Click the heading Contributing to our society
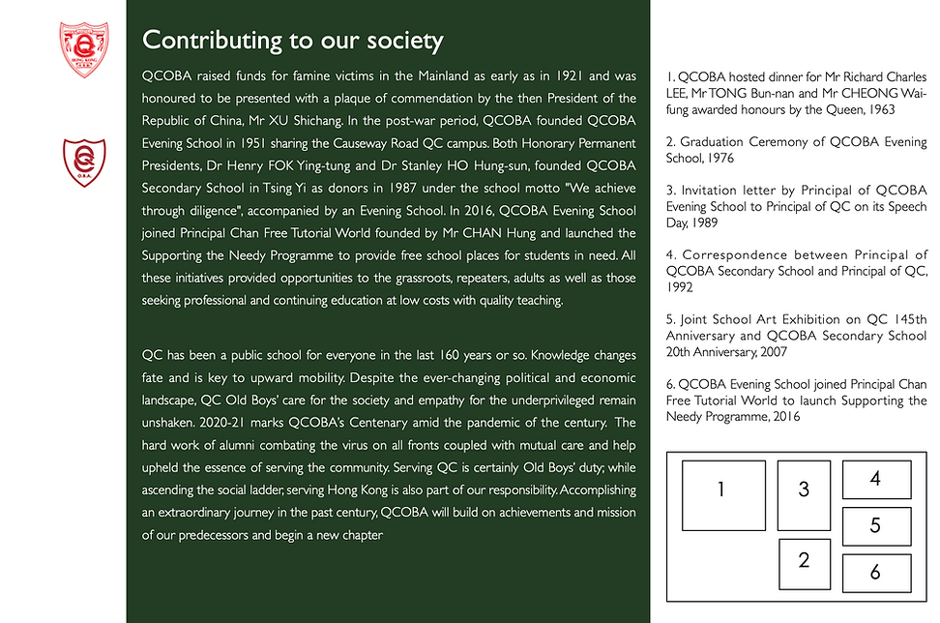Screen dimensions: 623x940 [x=292, y=41]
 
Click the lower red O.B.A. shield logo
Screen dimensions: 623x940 [x=84, y=163]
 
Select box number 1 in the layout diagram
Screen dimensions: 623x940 [x=723, y=494]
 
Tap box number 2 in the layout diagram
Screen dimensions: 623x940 [x=804, y=563]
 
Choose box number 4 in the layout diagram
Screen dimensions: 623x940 [x=876, y=480]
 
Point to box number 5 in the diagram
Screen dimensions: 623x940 [x=876, y=526]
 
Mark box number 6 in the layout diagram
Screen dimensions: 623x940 [x=876, y=573]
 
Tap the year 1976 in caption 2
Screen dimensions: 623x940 [x=718, y=157]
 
